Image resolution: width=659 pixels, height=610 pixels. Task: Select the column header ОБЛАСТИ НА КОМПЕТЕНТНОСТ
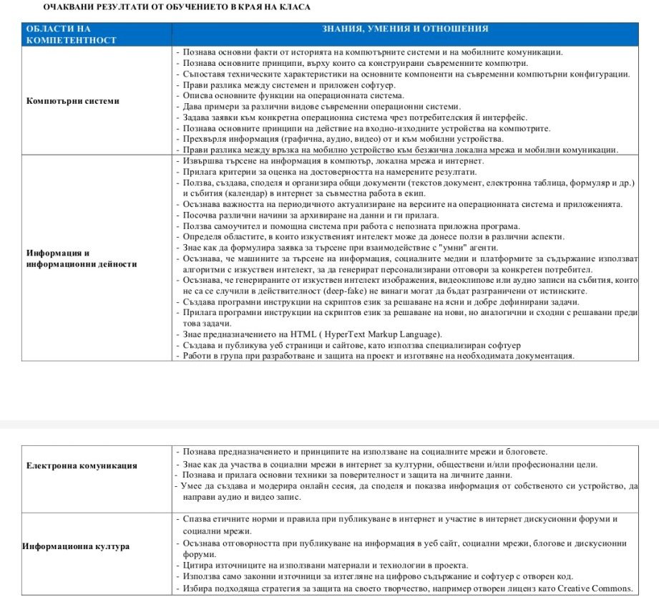(71, 34)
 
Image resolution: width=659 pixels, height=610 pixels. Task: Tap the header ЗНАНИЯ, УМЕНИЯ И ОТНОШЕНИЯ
(405, 29)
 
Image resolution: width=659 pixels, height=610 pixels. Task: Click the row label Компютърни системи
(73, 101)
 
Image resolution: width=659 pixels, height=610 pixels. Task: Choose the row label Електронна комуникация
(82, 465)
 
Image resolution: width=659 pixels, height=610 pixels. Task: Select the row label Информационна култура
(77, 546)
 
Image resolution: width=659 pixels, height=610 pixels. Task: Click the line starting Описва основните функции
(293, 95)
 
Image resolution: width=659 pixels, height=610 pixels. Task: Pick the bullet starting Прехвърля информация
(343, 139)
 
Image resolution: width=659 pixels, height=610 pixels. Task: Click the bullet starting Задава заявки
(355, 117)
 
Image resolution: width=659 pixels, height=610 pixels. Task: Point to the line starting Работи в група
(379, 356)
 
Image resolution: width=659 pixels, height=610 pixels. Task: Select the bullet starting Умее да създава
(408, 486)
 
